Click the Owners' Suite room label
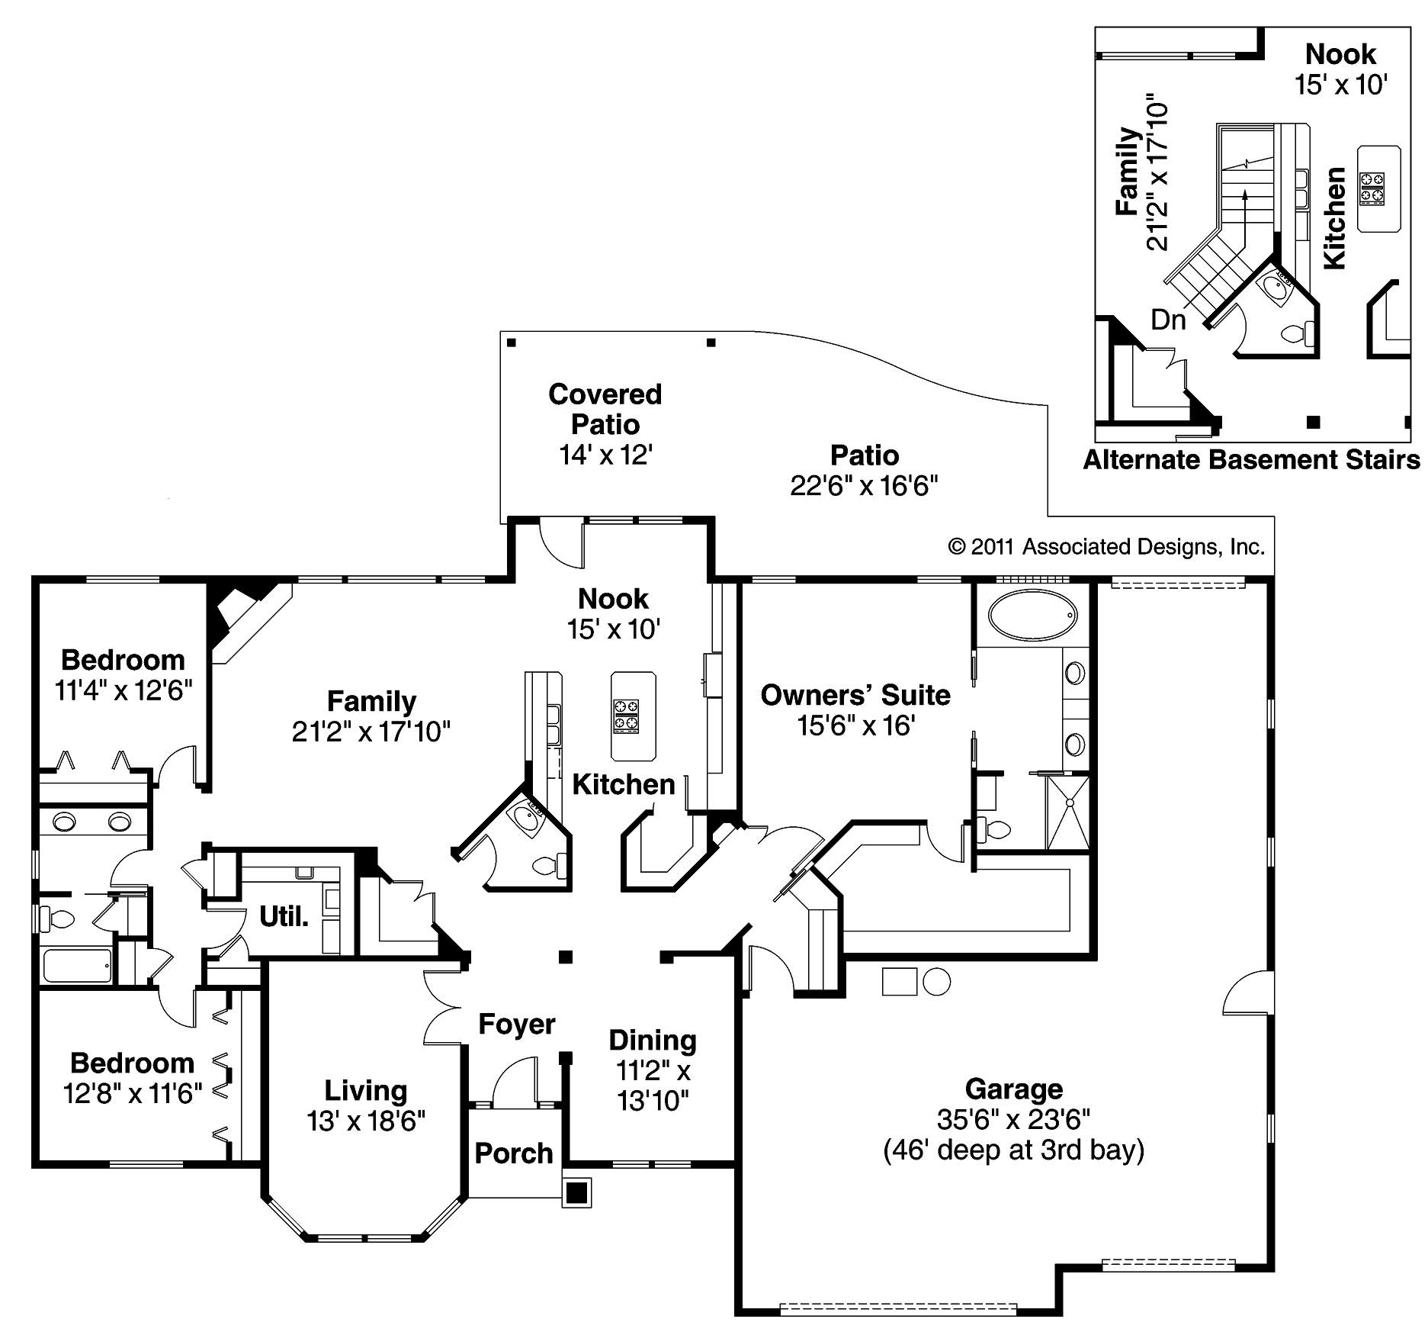click(x=855, y=695)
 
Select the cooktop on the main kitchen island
click(x=625, y=716)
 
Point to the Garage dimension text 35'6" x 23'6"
click(x=1013, y=1119)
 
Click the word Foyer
click(x=516, y=1024)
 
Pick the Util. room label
click(x=284, y=915)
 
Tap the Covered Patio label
click(x=605, y=409)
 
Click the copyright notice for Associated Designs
click(x=1106, y=546)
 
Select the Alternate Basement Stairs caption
click(x=1251, y=459)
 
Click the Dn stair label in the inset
click(x=1168, y=319)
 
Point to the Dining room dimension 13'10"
click(x=653, y=1101)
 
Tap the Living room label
click(x=366, y=1090)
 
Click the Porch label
click(x=513, y=1153)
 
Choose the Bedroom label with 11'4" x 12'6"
click(x=123, y=659)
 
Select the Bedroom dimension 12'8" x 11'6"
click(x=133, y=1093)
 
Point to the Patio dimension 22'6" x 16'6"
click(x=864, y=485)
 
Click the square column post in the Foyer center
click(x=565, y=957)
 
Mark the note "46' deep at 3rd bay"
click(x=1013, y=1150)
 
